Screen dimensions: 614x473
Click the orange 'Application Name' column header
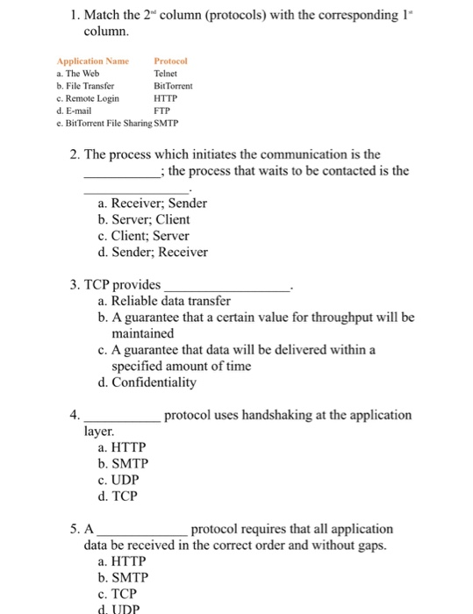click(x=92, y=61)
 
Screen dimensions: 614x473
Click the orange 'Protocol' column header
click(x=171, y=61)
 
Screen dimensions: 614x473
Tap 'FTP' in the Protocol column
click(x=161, y=111)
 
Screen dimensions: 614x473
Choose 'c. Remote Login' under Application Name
click(x=87, y=99)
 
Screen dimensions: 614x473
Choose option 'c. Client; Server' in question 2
click(x=144, y=236)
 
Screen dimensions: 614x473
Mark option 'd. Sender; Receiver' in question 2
click(x=154, y=253)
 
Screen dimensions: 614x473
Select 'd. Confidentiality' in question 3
click(x=147, y=382)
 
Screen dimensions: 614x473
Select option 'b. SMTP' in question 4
click(x=124, y=463)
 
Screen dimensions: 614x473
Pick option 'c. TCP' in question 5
click(x=118, y=594)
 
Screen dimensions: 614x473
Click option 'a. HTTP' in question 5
click(x=122, y=561)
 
